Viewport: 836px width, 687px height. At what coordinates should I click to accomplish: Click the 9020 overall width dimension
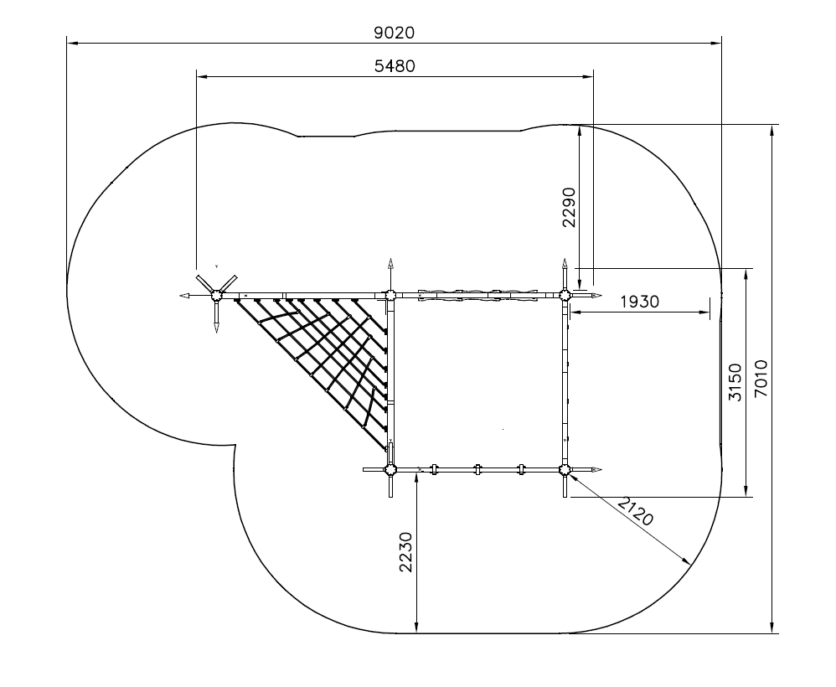(394, 33)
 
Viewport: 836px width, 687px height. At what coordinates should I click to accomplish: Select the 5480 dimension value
(395, 66)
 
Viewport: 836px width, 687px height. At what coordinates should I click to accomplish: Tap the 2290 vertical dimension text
(570, 208)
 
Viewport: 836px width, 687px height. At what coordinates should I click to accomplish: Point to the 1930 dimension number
(640, 302)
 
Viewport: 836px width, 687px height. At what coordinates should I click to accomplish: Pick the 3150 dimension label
(735, 382)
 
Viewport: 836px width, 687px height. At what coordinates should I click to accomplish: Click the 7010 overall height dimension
(761, 378)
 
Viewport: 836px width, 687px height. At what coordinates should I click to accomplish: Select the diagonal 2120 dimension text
(636, 510)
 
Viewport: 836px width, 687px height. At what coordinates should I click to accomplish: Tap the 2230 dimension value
(406, 552)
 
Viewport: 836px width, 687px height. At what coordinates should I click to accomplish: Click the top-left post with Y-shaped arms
(216, 295)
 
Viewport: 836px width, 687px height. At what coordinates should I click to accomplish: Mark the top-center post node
(390, 295)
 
